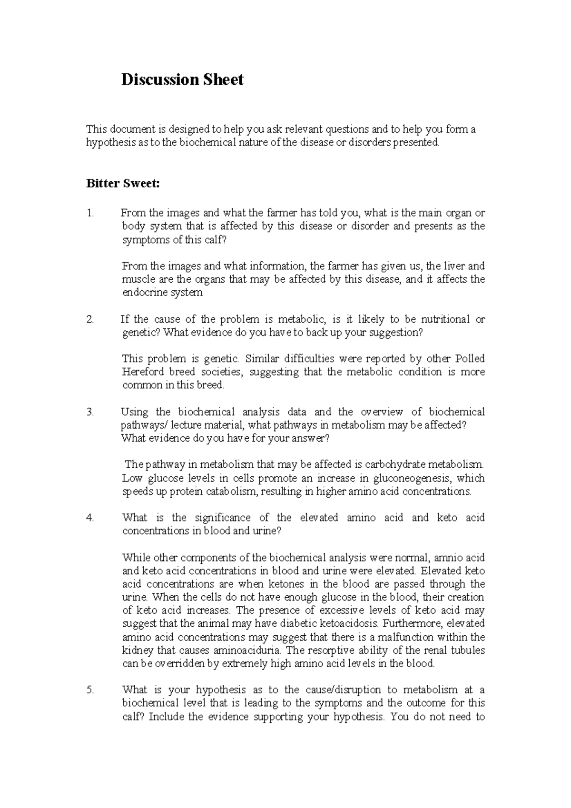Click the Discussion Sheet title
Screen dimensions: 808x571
[x=182, y=79]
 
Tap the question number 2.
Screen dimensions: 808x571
[x=90, y=319]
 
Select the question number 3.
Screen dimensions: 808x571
[x=90, y=412]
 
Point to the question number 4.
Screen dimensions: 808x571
[x=90, y=518]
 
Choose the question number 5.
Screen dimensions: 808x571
[x=90, y=690]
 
